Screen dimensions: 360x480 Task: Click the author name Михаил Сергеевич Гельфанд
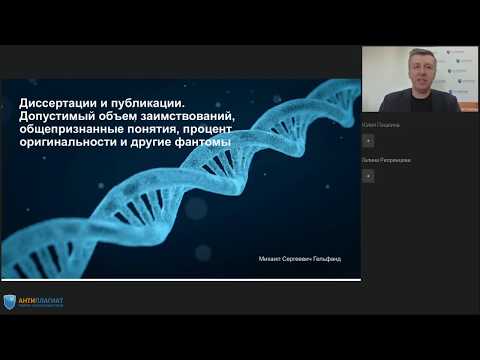pos(299,259)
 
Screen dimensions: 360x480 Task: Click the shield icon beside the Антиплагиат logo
pos(9,301)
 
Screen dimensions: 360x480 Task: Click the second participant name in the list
pos(386,160)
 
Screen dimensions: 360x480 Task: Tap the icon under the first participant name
pos(368,141)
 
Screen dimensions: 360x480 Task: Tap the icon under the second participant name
pos(368,175)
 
